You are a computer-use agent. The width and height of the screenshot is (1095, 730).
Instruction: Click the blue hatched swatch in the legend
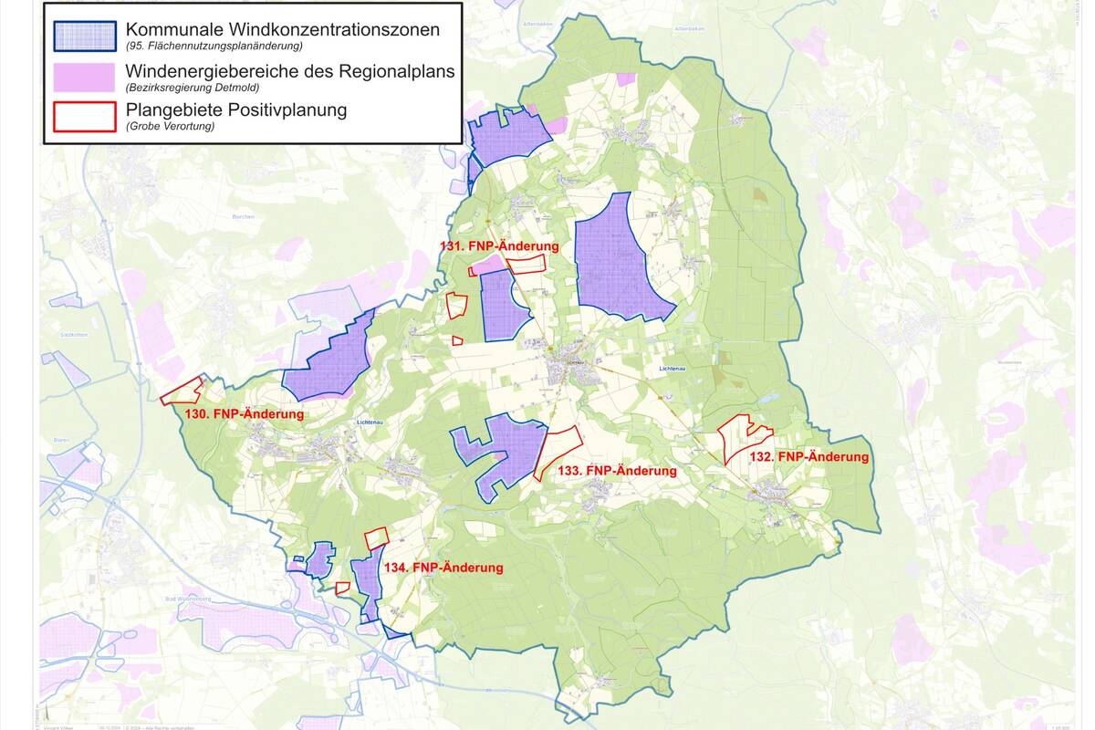point(84,35)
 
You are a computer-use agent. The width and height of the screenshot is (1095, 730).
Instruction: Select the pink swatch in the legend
point(84,78)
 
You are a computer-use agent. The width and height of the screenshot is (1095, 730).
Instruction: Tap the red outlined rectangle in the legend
point(84,116)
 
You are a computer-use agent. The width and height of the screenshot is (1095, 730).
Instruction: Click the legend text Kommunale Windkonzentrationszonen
point(282,29)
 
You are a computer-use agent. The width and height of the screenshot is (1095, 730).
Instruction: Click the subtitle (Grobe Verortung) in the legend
point(170,127)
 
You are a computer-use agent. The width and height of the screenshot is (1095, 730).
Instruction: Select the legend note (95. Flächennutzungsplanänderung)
point(214,46)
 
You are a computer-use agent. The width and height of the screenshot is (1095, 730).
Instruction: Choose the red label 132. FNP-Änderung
point(808,456)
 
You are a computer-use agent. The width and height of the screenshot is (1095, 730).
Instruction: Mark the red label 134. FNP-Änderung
point(443,568)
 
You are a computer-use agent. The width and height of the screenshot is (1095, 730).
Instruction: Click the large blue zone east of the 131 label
point(620,260)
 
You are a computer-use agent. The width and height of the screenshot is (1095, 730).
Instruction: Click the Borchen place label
point(243,217)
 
